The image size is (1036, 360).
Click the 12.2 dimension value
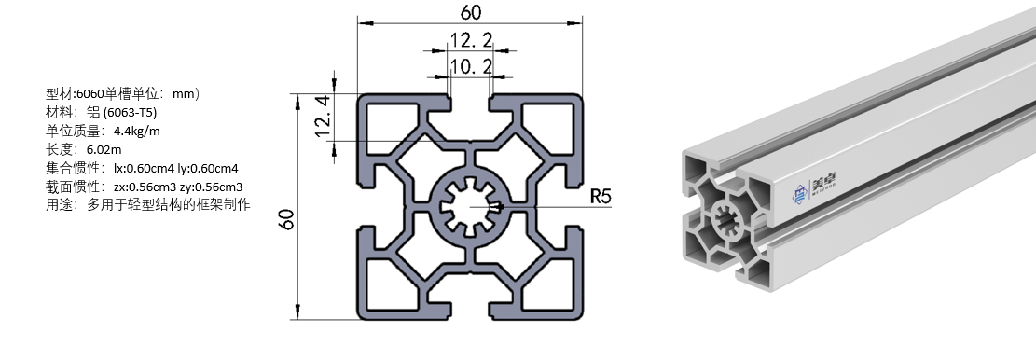point(470,40)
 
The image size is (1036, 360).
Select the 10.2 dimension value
point(470,66)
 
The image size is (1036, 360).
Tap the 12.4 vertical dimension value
point(323,117)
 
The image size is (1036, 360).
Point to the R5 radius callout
point(601,196)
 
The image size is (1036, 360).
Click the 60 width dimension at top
point(470,12)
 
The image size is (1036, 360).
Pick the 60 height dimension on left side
point(286,218)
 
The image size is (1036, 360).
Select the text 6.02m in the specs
point(104,149)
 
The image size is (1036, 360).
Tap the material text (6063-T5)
point(131,112)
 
